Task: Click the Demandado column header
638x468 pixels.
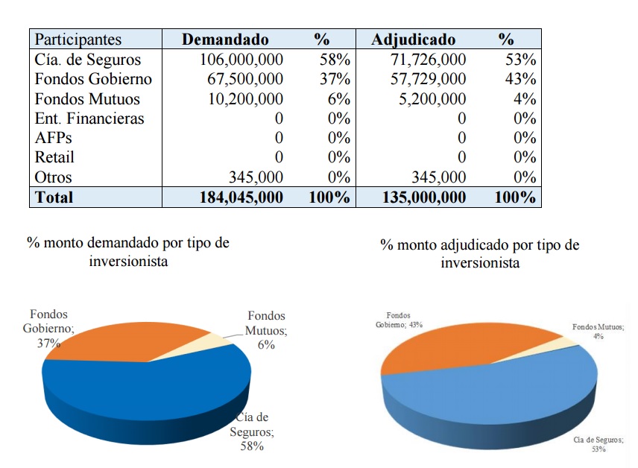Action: pos(225,39)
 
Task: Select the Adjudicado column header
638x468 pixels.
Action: pos(413,39)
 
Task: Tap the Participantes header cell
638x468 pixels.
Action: pos(78,39)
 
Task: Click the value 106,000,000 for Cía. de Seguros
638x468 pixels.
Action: pos(241,60)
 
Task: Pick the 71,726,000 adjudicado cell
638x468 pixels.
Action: pos(428,60)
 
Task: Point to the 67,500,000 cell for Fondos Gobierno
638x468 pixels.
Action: pos(245,79)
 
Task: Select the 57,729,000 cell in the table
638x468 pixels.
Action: pos(428,79)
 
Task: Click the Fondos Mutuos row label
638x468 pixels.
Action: pos(87,99)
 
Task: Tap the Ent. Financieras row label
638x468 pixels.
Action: pos(89,118)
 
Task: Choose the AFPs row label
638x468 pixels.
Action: pos(54,138)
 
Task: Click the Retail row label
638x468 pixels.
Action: pos(54,157)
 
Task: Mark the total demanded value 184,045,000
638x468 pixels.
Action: pos(241,197)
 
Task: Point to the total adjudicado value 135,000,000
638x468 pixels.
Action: pos(424,197)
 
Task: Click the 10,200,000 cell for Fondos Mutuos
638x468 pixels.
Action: pos(246,99)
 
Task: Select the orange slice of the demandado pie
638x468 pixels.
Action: pos(122,341)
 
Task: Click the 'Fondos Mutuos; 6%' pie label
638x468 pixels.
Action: pos(266,330)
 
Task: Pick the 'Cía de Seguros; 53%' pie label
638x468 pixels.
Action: pos(598,444)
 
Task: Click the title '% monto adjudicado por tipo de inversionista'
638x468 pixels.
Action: pos(480,253)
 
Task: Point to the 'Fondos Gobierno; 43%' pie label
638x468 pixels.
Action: pos(399,320)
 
